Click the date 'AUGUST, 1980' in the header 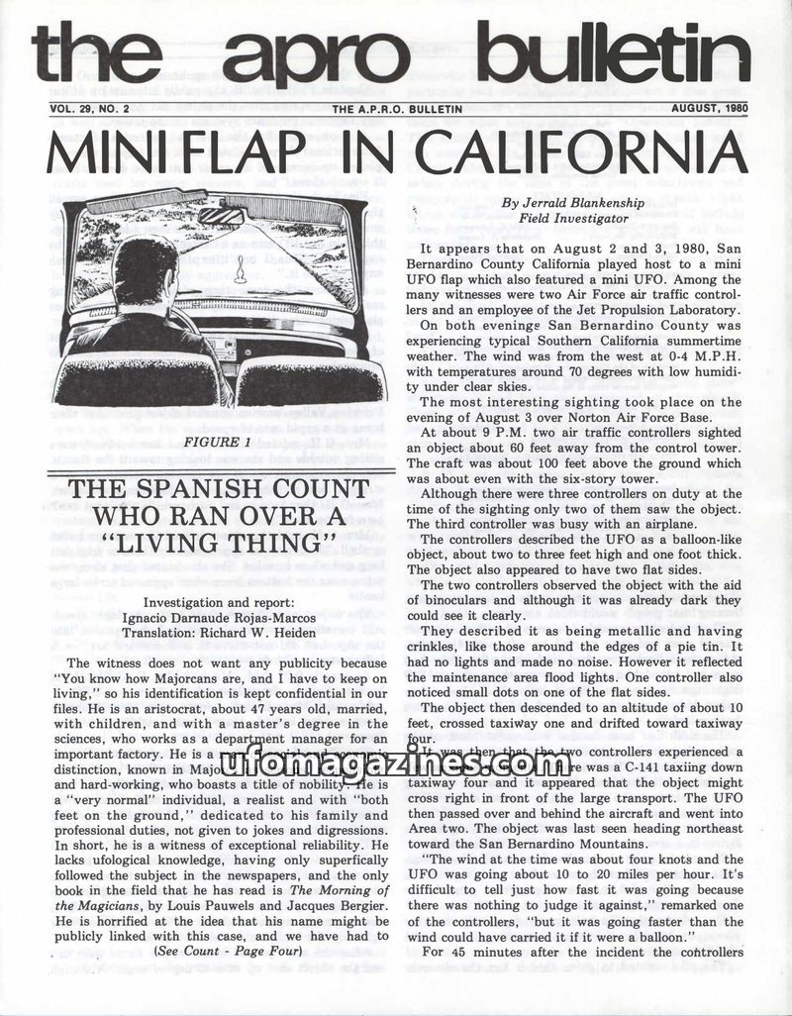(707, 108)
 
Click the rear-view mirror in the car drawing (221, 215)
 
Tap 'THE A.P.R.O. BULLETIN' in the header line (398, 109)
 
